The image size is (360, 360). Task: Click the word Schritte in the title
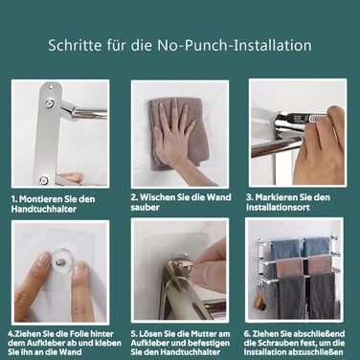point(75,45)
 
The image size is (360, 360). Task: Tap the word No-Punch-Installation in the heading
point(235,45)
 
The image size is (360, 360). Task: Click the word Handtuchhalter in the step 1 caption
point(44,210)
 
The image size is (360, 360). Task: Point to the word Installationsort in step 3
point(278,208)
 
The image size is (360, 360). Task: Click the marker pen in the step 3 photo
point(304,119)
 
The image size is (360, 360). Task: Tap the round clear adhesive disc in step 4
point(60,261)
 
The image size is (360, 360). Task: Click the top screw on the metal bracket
point(50,85)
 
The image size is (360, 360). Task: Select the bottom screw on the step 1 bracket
point(44,180)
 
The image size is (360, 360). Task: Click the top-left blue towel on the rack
point(285,247)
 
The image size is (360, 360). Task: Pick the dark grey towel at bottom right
point(323,295)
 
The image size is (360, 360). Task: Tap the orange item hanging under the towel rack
point(258,302)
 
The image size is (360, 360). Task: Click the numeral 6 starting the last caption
point(247,334)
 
